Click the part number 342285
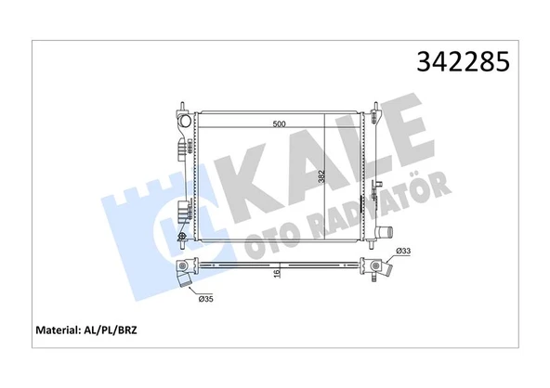[x=461, y=62]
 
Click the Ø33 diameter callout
[x=403, y=251]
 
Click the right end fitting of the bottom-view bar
[x=381, y=271]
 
